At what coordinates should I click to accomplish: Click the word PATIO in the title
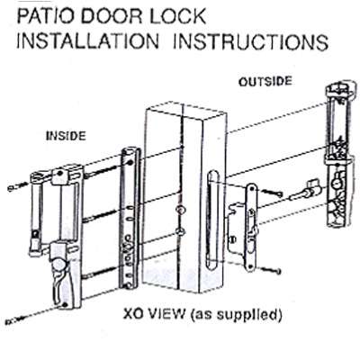46,16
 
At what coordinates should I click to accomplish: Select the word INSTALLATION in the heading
87,41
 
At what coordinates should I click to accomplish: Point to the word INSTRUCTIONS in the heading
251,41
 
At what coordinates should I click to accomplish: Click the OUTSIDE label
265,82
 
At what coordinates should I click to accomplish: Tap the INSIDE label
66,136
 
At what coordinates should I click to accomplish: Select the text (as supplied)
237,315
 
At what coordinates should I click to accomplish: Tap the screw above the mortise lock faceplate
273,193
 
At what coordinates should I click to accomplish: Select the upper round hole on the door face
180,209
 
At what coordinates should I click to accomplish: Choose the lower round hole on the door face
180,231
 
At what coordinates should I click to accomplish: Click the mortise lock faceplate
251,228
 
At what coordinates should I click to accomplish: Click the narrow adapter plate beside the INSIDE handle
130,218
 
